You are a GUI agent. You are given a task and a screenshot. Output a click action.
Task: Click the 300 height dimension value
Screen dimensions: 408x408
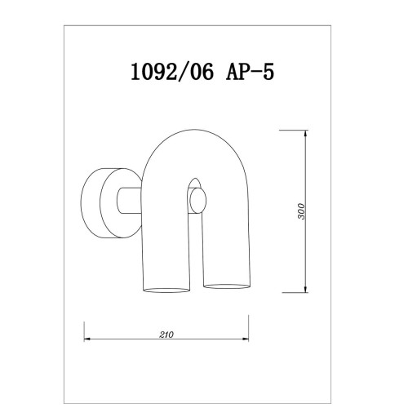pos(302,211)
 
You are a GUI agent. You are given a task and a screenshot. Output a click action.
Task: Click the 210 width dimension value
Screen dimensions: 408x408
pos(166,335)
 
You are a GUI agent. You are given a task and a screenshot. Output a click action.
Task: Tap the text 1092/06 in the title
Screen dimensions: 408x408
pos(172,72)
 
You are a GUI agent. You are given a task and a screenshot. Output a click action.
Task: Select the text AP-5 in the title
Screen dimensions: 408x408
pos(250,72)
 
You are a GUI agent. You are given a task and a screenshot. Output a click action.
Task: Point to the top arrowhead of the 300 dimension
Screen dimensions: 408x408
pos(306,133)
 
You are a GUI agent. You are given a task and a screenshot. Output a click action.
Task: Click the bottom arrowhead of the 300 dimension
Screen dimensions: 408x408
pos(306,290)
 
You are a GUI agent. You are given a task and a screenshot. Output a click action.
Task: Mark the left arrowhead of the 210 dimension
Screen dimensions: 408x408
pos(87,339)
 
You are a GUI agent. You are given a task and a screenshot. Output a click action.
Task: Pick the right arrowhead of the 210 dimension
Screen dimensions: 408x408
pos(246,339)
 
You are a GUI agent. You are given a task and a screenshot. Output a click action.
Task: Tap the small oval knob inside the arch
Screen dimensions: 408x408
pos(197,202)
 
